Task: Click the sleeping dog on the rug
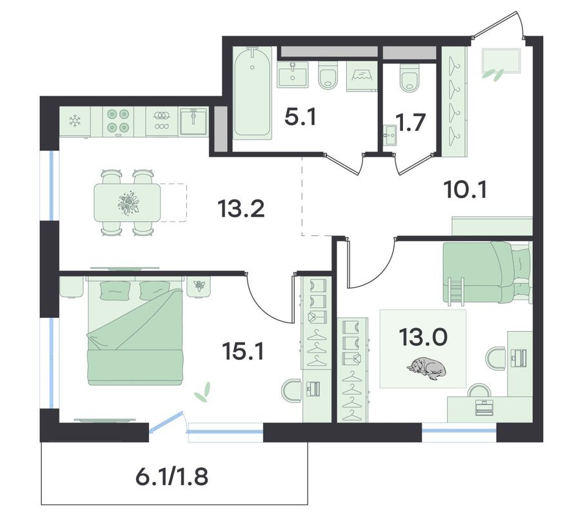[x=426, y=368]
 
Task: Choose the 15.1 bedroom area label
[x=243, y=351]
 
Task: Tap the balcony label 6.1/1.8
[x=172, y=477]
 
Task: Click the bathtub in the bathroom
[x=253, y=93]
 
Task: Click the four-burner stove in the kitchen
[x=118, y=121]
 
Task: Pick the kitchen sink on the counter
[x=193, y=121]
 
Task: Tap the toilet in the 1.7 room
[x=410, y=77]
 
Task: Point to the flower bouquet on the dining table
[x=128, y=203]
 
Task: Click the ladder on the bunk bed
[x=455, y=293]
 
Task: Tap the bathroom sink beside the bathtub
[x=293, y=75]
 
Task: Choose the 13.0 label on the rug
[x=423, y=337]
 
